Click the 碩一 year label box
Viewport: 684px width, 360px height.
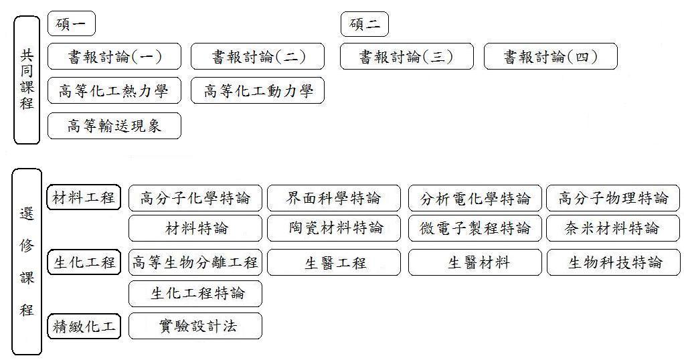coord(72,25)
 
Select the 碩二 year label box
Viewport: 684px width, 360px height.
coord(364,25)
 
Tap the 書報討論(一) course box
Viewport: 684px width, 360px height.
coord(114,57)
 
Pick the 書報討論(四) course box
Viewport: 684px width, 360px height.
coord(550,57)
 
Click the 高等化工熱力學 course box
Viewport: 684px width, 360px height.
coord(114,91)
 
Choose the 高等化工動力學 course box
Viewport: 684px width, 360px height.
coord(258,91)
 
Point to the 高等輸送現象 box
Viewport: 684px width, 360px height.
coord(114,125)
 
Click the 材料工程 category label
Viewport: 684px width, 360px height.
coord(84,198)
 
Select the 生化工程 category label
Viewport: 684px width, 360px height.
coord(84,262)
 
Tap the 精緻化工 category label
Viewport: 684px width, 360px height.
coord(84,327)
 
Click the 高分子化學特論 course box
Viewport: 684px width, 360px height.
coord(195,198)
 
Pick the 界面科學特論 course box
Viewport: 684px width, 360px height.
coord(334,198)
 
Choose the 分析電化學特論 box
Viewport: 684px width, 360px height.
coord(475,198)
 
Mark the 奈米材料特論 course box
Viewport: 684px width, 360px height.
coord(613,228)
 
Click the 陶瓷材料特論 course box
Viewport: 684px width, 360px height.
coord(334,228)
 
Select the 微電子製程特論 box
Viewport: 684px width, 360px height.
coord(475,228)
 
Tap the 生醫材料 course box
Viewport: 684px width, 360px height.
coord(475,262)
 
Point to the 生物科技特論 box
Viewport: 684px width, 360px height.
coord(613,262)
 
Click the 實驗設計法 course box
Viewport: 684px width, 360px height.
coord(195,327)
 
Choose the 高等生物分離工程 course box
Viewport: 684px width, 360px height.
coord(195,262)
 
